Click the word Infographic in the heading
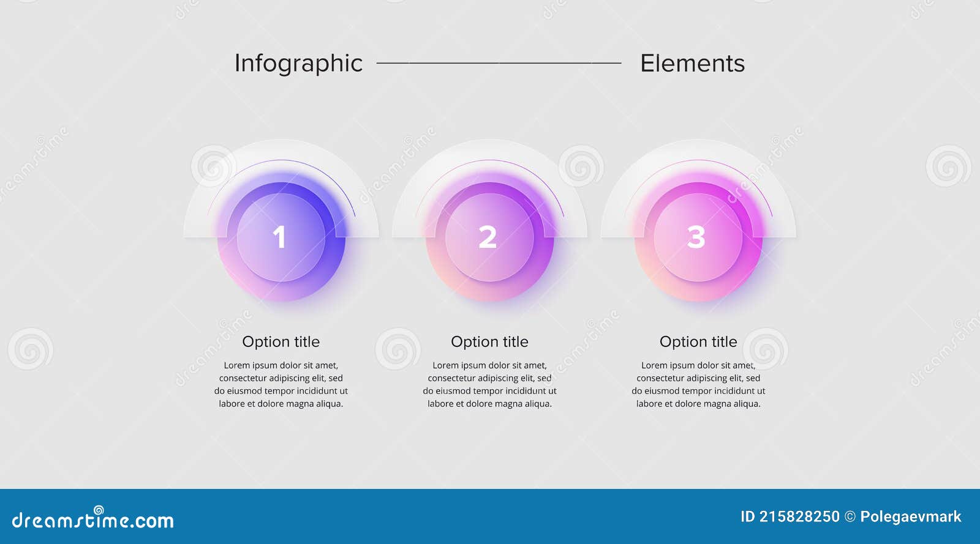tap(298, 64)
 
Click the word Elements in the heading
tap(692, 64)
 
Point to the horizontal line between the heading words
tap(499, 62)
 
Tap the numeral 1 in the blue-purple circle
tap(279, 237)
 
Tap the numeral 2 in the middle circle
tap(488, 237)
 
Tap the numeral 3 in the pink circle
tap(696, 237)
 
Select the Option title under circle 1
tap(281, 341)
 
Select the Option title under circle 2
tap(489, 341)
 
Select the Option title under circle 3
tap(698, 341)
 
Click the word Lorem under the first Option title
tap(236, 365)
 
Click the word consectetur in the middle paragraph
tap(451, 378)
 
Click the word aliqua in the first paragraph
tap(329, 404)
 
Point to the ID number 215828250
tap(799, 517)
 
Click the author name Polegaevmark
tap(910, 517)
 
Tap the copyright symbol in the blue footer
tap(850, 517)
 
